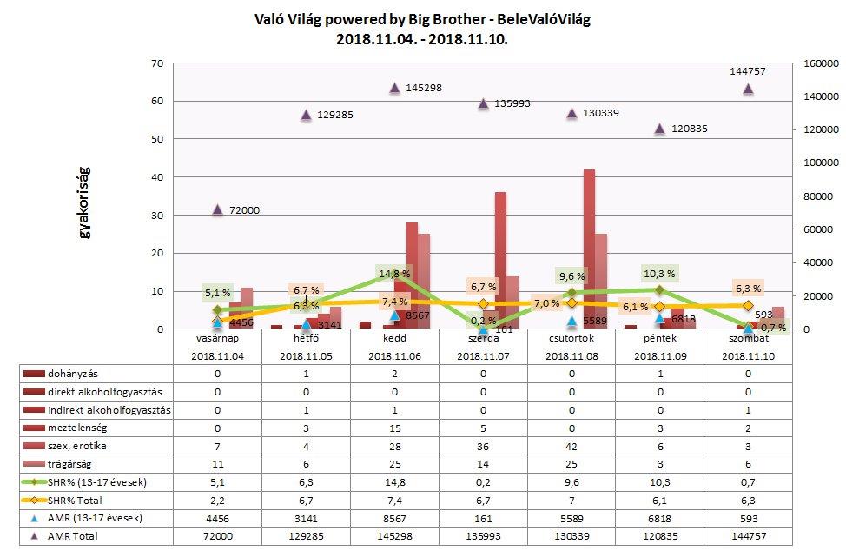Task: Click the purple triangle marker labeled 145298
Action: click(x=394, y=88)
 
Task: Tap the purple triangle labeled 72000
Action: click(x=218, y=209)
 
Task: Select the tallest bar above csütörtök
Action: click(x=589, y=249)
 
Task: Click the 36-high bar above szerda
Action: click(x=500, y=261)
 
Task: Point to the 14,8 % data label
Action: click(x=393, y=274)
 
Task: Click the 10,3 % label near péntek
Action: click(x=659, y=273)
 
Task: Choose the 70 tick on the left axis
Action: click(x=157, y=63)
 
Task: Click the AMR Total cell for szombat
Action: click(x=748, y=536)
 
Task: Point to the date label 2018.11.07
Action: click(x=483, y=355)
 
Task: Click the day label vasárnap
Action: click(x=218, y=338)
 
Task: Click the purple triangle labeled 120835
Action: click(x=659, y=129)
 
